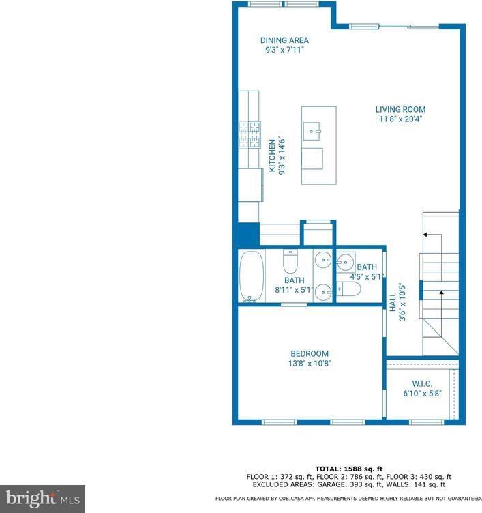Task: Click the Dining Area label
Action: [x=284, y=40]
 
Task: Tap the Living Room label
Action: [x=400, y=109]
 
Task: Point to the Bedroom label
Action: [x=310, y=353]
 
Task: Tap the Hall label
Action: [x=393, y=302]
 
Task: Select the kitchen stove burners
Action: [x=249, y=134]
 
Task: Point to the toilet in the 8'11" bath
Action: [x=289, y=261]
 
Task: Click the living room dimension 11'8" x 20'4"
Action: [x=400, y=119]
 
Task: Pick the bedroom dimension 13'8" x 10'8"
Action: [x=310, y=364]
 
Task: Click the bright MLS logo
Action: [x=42, y=499]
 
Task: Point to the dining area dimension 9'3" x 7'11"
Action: [x=284, y=50]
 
